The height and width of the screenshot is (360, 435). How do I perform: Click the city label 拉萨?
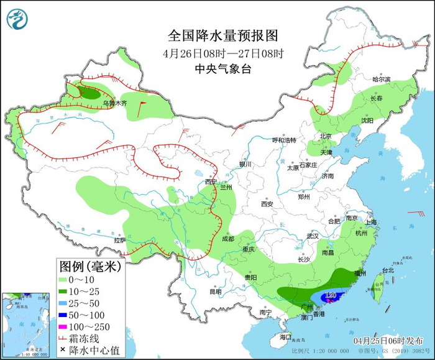120,240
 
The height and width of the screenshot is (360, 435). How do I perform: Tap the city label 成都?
227,239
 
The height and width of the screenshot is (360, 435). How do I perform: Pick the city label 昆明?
215,291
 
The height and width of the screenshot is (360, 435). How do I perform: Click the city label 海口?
285,337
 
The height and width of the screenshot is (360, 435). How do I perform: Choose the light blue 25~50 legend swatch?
66,304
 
